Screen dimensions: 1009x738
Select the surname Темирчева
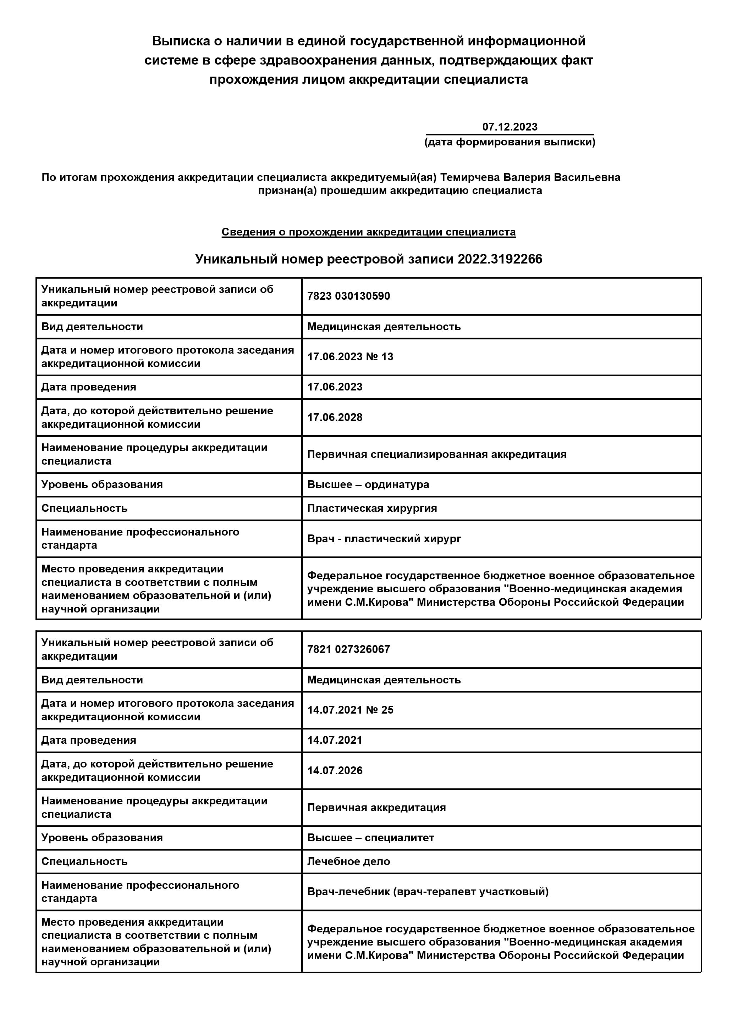(x=470, y=177)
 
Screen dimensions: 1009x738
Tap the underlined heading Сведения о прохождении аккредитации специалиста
(x=369, y=232)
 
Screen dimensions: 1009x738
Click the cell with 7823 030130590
(x=348, y=296)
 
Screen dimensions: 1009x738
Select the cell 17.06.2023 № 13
(x=350, y=357)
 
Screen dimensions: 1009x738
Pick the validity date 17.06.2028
(x=335, y=417)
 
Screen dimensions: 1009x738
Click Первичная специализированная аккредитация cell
(x=436, y=455)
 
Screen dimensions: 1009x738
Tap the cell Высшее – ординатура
(x=368, y=484)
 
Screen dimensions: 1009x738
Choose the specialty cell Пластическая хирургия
(x=372, y=508)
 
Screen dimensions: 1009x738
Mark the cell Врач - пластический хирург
(x=384, y=538)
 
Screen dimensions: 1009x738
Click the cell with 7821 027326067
(x=348, y=649)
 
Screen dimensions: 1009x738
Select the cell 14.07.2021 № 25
(x=350, y=710)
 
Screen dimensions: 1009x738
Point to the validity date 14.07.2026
(x=335, y=771)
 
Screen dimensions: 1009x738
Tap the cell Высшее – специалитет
(x=370, y=838)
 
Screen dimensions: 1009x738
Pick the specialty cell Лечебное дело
(x=348, y=861)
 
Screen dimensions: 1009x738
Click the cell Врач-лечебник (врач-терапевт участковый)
(x=428, y=892)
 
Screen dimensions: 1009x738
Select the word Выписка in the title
(x=181, y=41)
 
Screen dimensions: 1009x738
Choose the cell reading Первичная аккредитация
(x=376, y=808)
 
